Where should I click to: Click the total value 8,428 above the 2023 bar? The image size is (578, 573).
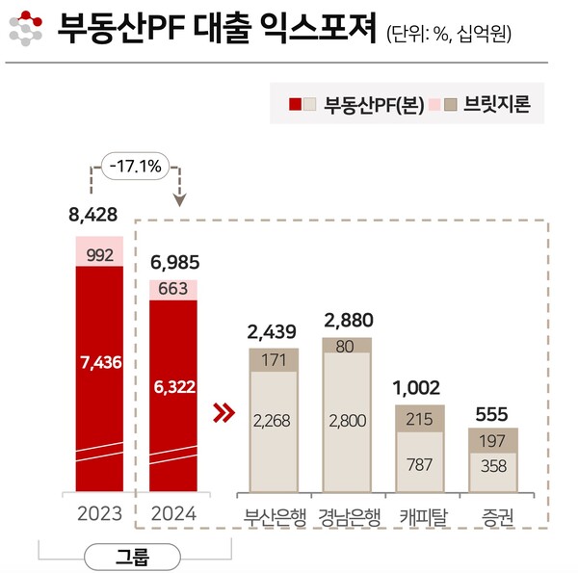tap(99, 214)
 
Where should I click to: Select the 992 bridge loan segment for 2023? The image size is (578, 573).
tap(99, 254)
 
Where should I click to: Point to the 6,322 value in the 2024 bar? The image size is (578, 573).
tap(173, 386)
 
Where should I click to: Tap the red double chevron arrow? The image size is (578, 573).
tap(223, 413)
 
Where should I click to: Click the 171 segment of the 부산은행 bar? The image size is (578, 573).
tap(275, 360)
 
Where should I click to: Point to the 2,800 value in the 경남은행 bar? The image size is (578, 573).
tap(347, 420)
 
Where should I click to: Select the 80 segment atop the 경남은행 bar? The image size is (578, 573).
tap(347, 345)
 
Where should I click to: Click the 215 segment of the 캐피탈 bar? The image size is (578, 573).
tap(419, 419)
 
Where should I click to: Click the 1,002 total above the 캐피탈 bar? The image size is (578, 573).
tap(419, 387)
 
